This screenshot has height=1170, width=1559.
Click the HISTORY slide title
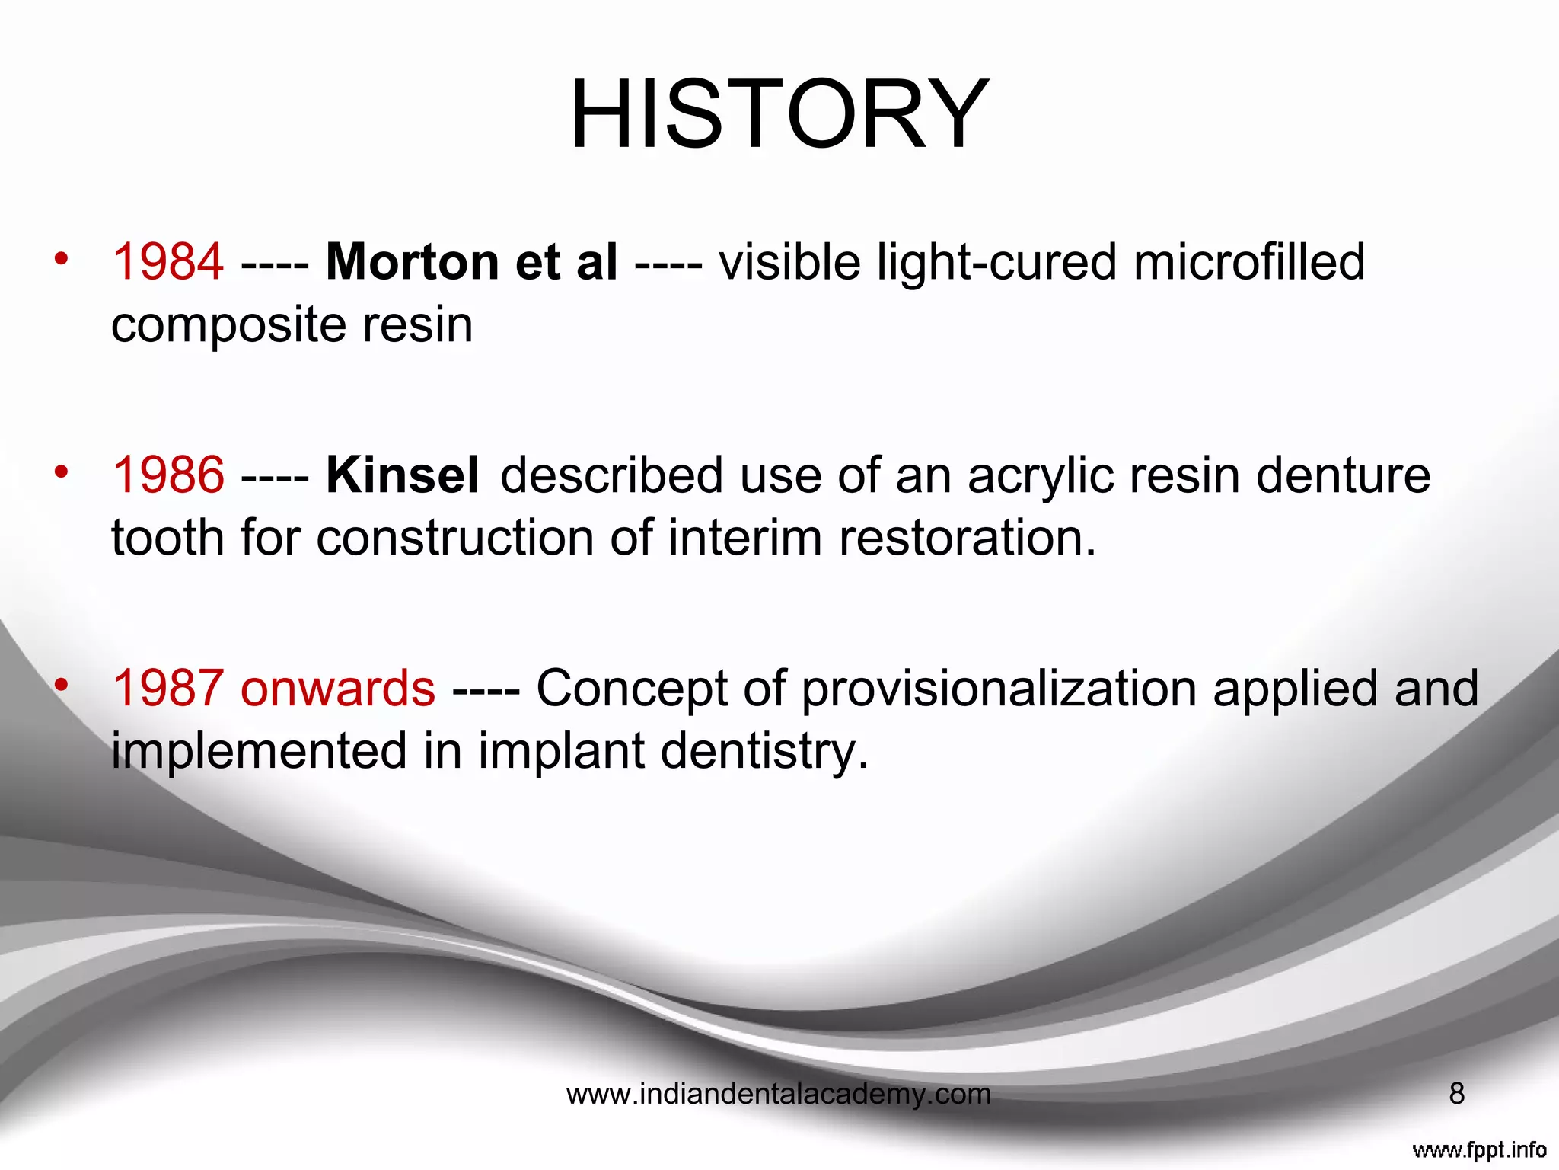click(x=779, y=114)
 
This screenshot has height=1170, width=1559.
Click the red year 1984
click(x=168, y=262)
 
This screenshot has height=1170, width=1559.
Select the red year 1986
click(x=168, y=475)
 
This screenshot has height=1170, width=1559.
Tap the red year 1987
click(x=168, y=689)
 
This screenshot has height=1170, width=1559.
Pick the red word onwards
click(x=338, y=689)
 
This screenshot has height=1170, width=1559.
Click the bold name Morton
click(x=412, y=262)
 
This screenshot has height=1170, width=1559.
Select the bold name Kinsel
click(x=403, y=475)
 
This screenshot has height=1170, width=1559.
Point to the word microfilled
click(x=1248, y=262)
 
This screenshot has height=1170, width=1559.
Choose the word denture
click(x=1343, y=475)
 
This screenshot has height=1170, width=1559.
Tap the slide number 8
click(x=1456, y=1094)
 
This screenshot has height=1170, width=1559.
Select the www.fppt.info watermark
click(x=1479, y=1149)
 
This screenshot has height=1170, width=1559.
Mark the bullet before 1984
click(x=62, y=259)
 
